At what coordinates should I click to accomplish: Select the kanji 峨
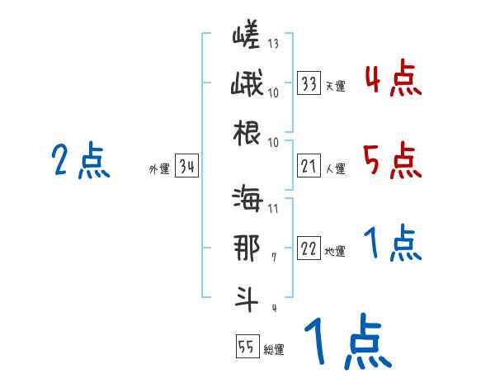coord(247,85)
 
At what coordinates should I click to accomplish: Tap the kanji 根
coord(247,133)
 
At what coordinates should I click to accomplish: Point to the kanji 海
coord(247,201)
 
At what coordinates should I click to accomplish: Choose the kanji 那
coord(247,248)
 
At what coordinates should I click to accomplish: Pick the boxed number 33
coord(309,83)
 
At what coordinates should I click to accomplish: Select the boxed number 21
coord(309,167)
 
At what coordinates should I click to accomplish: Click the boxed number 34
coord(186,168)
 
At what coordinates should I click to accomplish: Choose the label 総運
coord(274,349)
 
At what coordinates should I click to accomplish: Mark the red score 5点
coord(392,160)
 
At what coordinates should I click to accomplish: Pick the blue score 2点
coord(82,160)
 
